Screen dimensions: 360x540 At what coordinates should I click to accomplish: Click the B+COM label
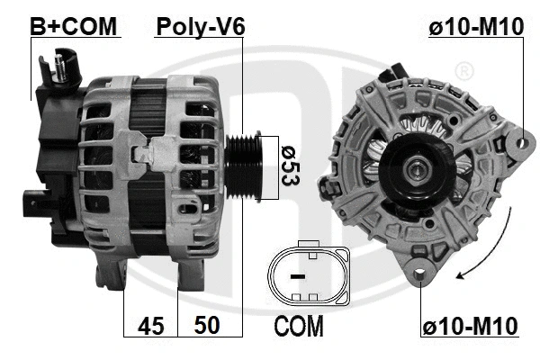click(74, 27)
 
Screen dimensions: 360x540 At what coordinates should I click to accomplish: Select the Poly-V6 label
click(201, 27)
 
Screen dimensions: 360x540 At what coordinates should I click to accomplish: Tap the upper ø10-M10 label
click(475, 28)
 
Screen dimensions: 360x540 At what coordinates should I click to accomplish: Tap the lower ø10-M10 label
click(471, 327)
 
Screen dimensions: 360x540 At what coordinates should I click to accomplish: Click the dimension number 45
click(150, 326)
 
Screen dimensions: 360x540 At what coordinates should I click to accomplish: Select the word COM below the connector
click(298, 326)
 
